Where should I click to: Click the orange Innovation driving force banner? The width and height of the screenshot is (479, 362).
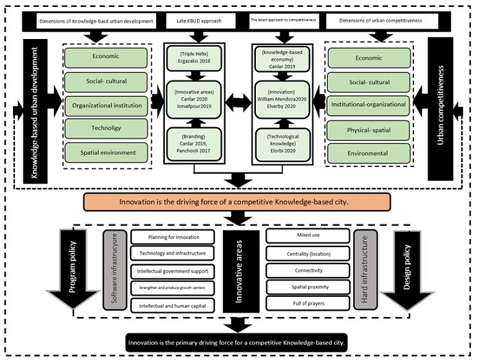(x=237, y=202)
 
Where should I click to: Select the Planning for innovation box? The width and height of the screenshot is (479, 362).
(x=173, y=237)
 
